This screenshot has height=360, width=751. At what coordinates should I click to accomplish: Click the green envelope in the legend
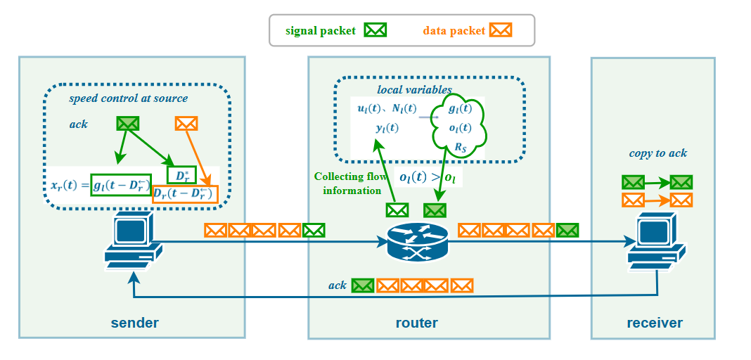click(375, 30)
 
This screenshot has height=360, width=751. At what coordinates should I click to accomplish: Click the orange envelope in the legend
click(501, 30)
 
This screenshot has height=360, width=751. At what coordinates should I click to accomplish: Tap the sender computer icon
click(132, 243)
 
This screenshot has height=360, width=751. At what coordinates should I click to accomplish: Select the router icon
click(417, 243)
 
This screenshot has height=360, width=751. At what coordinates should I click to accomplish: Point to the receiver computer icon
click(656, 243)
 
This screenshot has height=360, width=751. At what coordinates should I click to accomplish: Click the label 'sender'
click(134, 323)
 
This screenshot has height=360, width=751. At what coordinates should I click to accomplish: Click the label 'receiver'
click(655, 323)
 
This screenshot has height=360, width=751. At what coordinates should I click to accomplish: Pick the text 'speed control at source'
click(128, 98)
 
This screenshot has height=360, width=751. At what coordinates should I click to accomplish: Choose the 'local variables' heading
click(414, 89)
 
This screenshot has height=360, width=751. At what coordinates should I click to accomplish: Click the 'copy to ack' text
click(658, 153)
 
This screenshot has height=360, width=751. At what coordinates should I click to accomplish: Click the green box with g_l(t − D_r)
click(121, 185)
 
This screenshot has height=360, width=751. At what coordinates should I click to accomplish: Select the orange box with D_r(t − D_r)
click(185, 193)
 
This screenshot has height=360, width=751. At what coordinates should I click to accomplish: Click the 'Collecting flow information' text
click(350, 184)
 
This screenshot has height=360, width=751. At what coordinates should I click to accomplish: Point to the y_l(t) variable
click(387, 128)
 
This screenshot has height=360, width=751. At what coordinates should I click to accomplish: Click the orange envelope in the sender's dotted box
click(186, 124)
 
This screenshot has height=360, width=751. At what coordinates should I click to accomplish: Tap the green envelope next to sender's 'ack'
click(128, 124)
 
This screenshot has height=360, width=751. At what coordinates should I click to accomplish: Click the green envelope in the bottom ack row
click(363, 285)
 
